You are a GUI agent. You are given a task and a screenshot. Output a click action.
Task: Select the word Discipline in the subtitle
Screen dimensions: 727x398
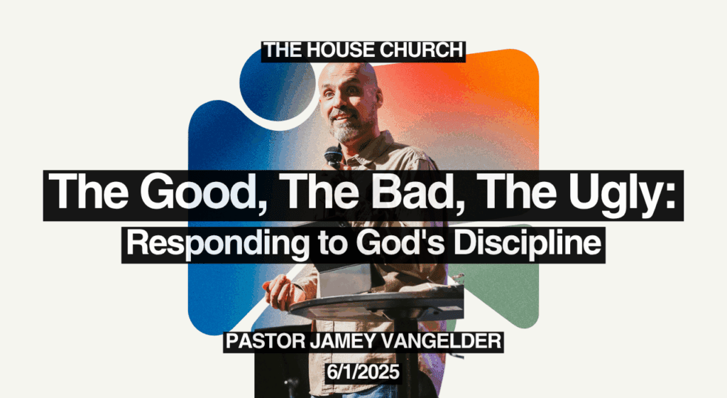coord(528,244)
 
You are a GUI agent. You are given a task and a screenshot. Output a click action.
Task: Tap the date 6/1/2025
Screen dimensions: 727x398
coord(363,372)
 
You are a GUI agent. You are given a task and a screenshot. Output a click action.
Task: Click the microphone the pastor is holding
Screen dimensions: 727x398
coord(333,157)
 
